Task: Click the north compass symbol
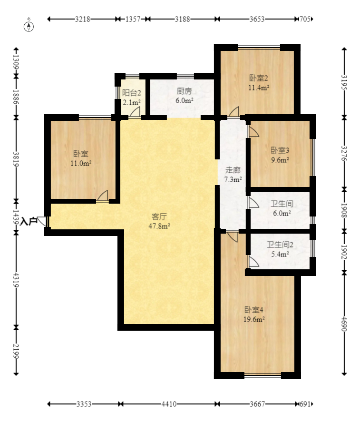(x=29, y=26)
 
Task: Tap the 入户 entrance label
(x=29, y=222)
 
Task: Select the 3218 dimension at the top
(x=83, y=19)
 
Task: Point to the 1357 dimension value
(x=133, y=19)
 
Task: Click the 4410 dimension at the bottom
(x=169, y=404)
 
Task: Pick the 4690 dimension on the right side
(x=344, y=324)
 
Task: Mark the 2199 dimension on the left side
(x=16, y=351)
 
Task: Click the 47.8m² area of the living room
(x=159, y=226)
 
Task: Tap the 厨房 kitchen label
(x=185, y=91)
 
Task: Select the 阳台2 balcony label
(x=132, y=93)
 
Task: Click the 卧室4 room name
(x=254, y=310)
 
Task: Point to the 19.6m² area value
(x=254, y=319)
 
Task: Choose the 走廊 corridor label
(x=233, y=170)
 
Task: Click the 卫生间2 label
(x=280, y=245)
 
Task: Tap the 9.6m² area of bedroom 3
(x=280, y=160)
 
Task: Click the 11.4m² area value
(x=259, y=88)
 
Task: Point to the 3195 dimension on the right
(x=344, y=82)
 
